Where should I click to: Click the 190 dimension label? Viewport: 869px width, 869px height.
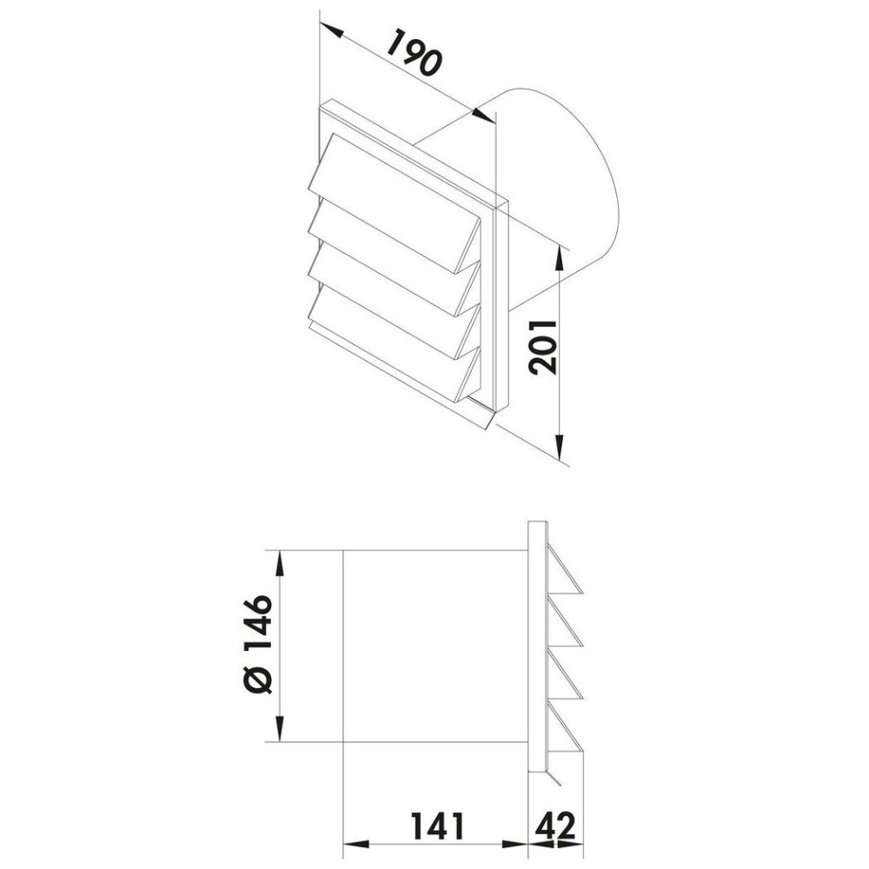click(x=414, y=53)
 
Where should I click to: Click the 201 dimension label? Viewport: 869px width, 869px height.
click(x=542, y=348)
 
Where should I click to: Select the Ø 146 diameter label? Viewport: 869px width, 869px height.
click(x=258, y=645)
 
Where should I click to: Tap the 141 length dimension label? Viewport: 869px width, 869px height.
click(x=436, y=826)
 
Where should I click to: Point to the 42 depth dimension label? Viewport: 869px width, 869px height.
click(x=555, y=826)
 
